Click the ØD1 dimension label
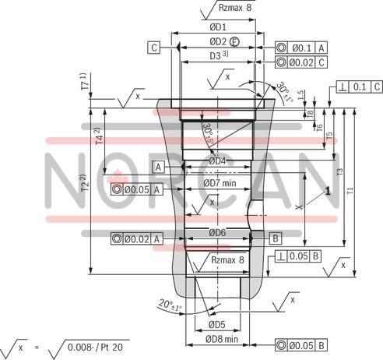coord(218,26)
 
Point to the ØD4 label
coord(218,161)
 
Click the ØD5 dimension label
coord(216,324)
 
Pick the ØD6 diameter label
coord(217,232)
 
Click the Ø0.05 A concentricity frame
coord(137,189)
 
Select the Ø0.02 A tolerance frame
coord(137,238)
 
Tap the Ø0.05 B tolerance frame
coord(300,344)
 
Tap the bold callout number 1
coord(329,190)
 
